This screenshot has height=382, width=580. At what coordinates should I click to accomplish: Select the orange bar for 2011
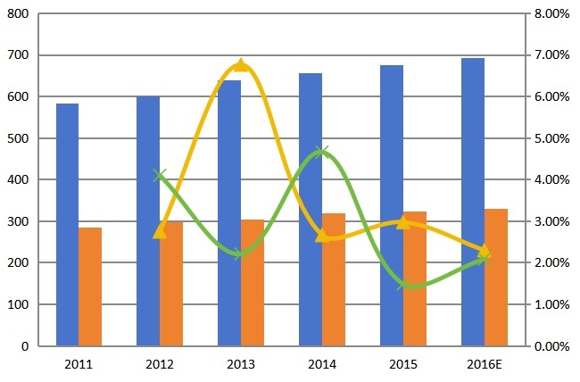90,286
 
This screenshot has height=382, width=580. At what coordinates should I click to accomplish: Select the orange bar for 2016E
496,278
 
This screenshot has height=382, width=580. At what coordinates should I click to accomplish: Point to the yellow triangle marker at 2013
241,65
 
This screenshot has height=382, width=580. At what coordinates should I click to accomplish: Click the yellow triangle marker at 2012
160,231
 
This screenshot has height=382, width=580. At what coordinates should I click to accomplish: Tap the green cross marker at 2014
322,152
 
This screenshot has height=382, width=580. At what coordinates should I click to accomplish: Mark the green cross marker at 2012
160,176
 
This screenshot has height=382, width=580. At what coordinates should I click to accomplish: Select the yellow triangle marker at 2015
403,222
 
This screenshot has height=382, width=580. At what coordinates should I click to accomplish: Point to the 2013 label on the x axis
241,365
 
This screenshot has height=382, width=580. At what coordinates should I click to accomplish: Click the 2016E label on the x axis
485,365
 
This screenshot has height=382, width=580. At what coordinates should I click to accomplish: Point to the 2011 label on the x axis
79,365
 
